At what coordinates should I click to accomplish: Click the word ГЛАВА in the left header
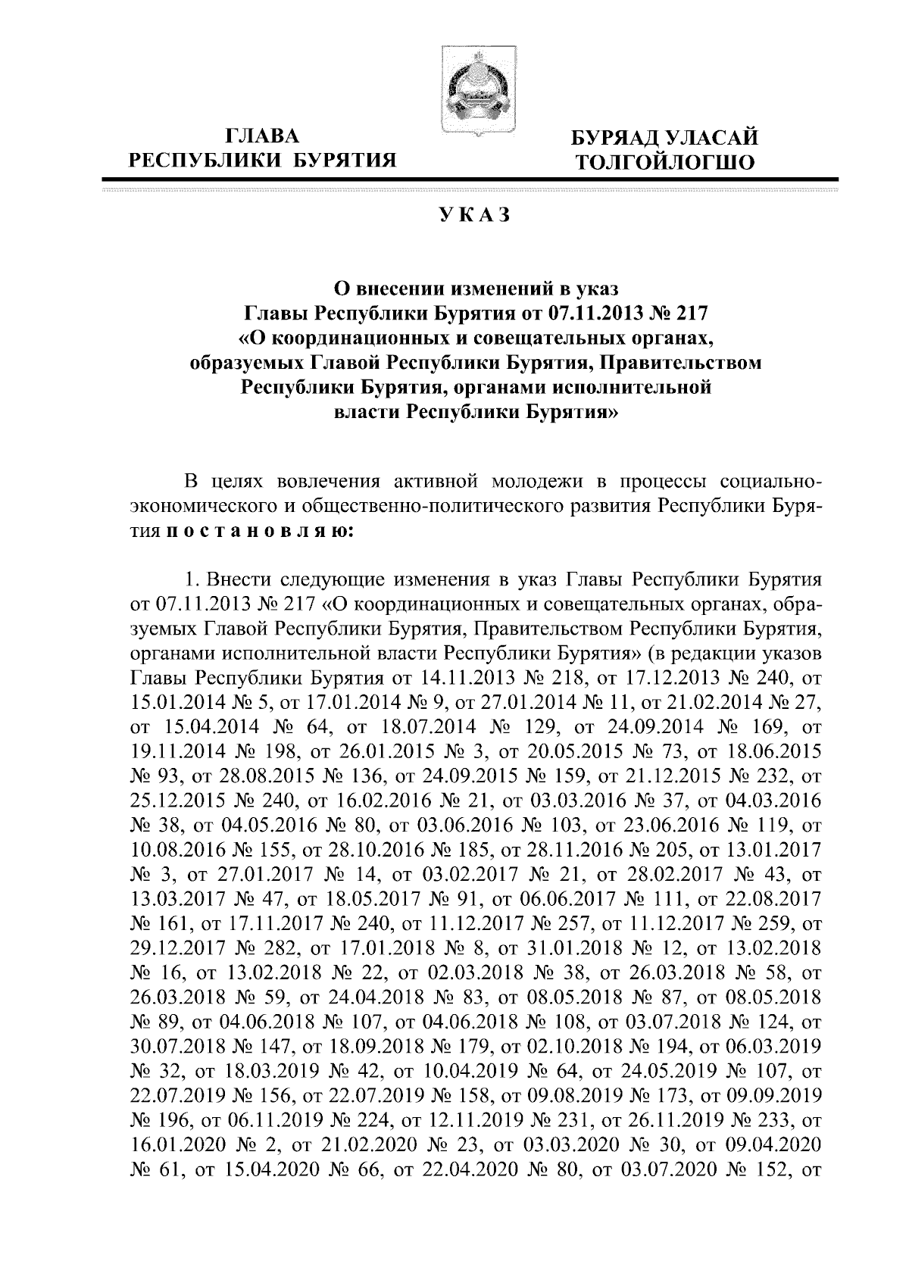coord(263,136)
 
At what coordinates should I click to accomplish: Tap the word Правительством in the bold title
coord(679,363)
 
